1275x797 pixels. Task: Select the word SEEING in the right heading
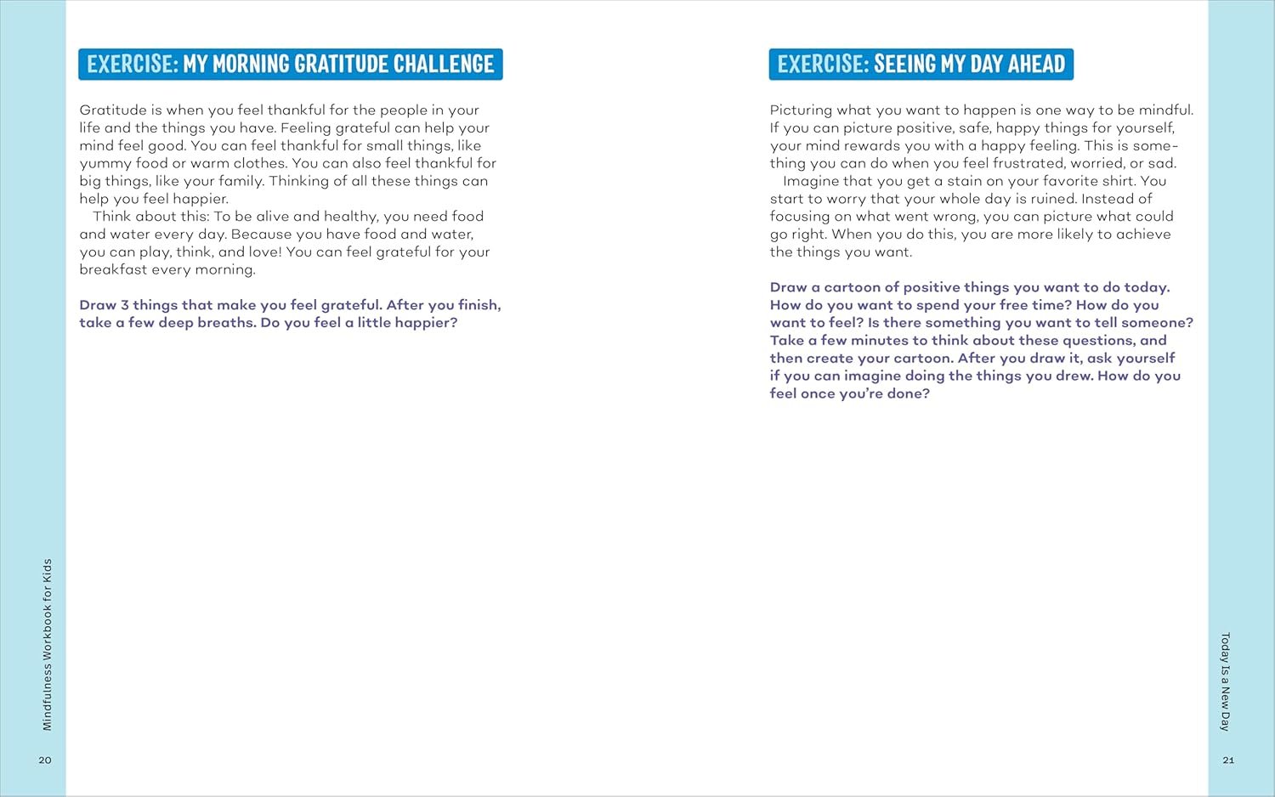click(904, 65)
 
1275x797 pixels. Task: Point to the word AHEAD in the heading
click(1036, 65)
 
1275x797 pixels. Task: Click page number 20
click(45, 760)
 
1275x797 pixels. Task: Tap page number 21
click(1228, 760)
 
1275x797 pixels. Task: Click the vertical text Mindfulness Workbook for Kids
click(47, 644)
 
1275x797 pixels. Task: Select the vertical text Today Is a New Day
click(1225, 681)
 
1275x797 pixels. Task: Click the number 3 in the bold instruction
click(125, 305)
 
